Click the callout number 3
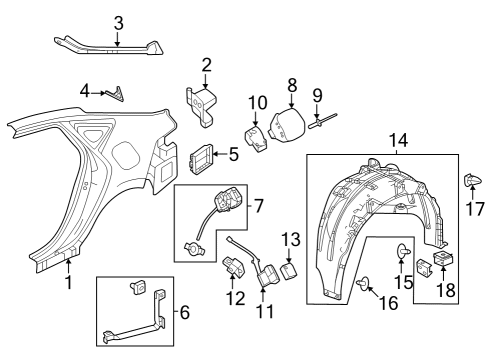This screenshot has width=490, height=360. (118, 22)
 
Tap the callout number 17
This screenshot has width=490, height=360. (476, 211)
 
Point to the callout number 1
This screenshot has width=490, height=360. (68, 283)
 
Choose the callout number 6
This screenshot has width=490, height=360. (182, 313)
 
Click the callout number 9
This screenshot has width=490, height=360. (317, 96)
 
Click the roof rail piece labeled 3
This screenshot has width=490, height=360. (110, 45)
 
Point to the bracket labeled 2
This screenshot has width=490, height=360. (207, 104)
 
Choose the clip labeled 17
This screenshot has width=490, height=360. (469, 181)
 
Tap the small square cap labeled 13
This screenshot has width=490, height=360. (289, 269)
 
